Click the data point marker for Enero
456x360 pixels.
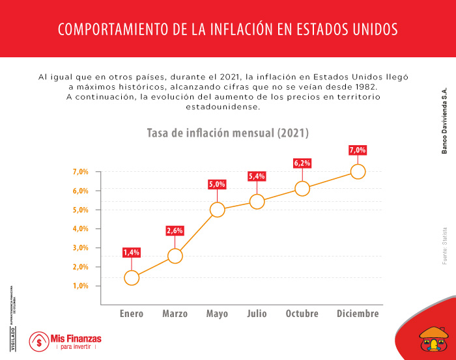pos(132,278)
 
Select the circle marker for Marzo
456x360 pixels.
pos(175,256)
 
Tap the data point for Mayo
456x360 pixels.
pos(217,210)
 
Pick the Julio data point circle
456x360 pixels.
pos(257,202)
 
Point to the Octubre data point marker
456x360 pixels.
pos(302,189)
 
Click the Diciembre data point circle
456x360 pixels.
pos(358,172)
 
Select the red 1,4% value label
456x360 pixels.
pos(132,252)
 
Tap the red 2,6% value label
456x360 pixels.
pos(175,230)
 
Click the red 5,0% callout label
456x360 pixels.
pos(217,184)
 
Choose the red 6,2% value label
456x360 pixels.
pos(302,163)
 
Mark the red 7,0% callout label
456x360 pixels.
pos(358,150)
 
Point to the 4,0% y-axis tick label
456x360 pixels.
pos(80,228)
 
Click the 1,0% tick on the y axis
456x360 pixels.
pos(80,286)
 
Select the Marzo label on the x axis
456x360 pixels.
pos(175,314)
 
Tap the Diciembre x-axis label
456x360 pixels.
pos(358,314)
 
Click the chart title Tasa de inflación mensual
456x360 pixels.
pos(227,133)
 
